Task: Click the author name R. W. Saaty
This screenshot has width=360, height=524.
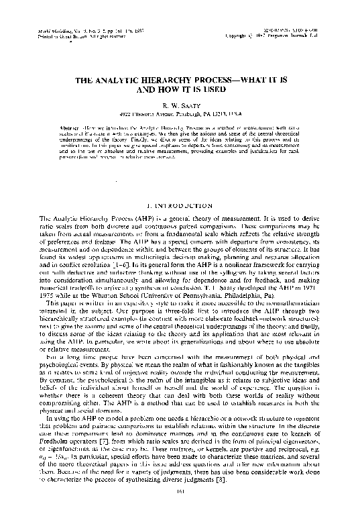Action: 180,106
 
